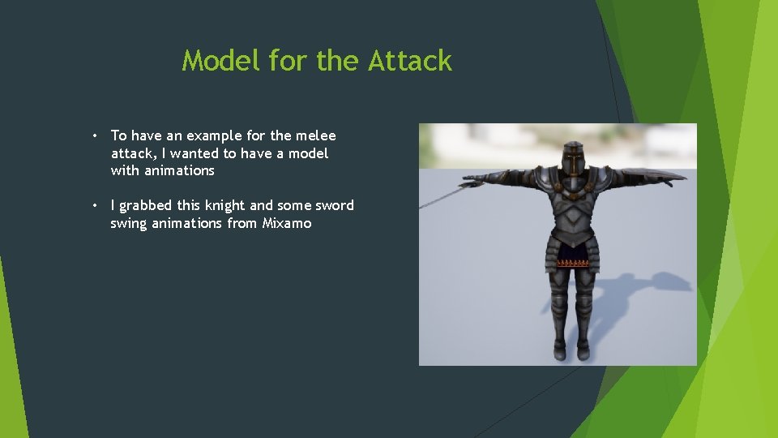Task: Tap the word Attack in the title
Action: point(410,61)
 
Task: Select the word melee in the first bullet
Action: point(315,135)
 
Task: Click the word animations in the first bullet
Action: point(179,170)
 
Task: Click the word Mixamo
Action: point(287,223)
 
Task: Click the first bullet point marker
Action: point(95,135)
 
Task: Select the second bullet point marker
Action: point(95,205)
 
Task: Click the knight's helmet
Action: point(574,158)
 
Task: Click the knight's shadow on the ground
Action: point(640,292)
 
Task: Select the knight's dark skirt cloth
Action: point(575,257)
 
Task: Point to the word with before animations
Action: point(126,170)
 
